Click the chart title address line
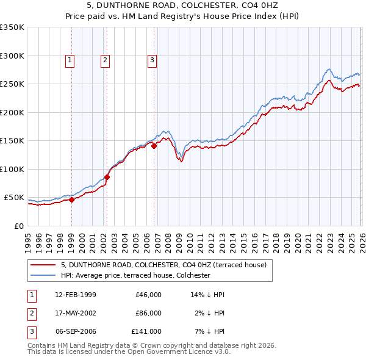[x=182, y=5]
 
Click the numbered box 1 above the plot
[x=70, y=60]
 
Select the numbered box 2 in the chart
[x=106, y=60]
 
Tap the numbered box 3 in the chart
[x=152, y=60]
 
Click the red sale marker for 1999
[x=71, y=199]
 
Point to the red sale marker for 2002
[x=107, y=177]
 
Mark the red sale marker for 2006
[x=154, y=146]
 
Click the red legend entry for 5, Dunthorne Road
[x=163, y=265]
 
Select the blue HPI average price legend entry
[x=135, y=276]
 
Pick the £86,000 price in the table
[x=148, y=313]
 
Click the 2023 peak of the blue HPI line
[x=329, y=70]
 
